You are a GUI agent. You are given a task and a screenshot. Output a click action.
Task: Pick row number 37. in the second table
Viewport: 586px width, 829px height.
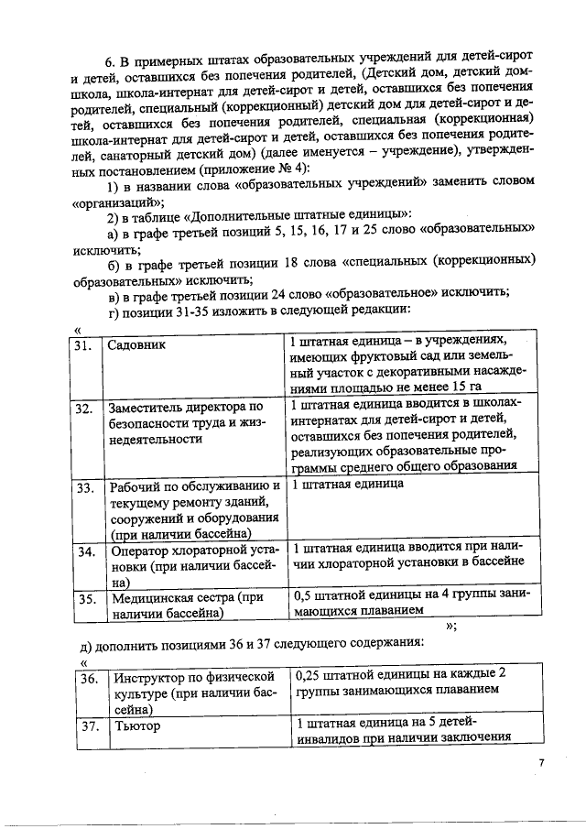tap(90, 725)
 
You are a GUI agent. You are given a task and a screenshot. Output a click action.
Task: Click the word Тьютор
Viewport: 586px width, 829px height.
tap(136, 725)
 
